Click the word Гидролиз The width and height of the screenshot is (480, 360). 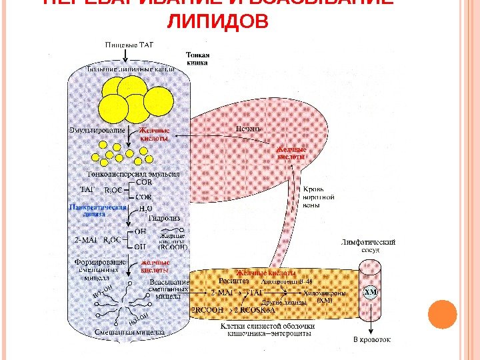point(163,217)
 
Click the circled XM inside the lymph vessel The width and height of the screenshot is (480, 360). point(371,293)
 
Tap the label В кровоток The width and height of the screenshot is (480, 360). point(371,339)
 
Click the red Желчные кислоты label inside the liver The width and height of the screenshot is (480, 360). point(292,153)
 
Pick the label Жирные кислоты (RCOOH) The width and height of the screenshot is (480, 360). point(173,241)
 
